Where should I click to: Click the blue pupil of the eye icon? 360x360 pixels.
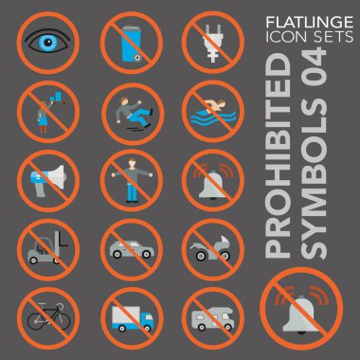pos(47,42)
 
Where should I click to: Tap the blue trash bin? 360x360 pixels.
pos(132,44)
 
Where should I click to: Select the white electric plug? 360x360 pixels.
pos(212,44)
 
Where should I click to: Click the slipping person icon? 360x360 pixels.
pos(134,113)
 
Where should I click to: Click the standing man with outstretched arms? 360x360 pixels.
pos(132,180)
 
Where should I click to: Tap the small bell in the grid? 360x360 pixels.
pos(212,185)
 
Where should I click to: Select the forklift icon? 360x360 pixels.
pos(47,247)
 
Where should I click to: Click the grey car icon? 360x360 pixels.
pos(132,249)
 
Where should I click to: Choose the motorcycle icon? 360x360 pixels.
pos(211,248)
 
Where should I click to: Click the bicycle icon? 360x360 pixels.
pos(48,316)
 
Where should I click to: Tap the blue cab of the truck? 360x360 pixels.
pos(147,318)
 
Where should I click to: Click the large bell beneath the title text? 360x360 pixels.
pos(300,315)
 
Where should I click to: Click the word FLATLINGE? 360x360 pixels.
pos(310,23)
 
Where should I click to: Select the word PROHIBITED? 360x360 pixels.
pos(279,155)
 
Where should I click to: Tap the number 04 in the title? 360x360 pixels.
pos(314,66)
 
